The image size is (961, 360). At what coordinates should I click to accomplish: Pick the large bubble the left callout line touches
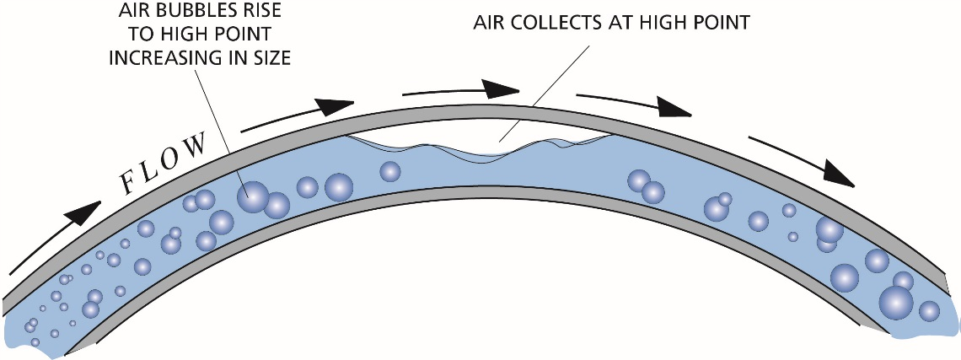(x=251, y=197)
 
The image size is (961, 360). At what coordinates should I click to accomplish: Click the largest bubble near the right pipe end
(x=896, y=302)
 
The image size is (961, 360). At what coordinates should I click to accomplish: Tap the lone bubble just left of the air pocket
(x=389, y=172)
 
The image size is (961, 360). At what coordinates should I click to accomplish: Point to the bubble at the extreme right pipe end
(x=929, y=310)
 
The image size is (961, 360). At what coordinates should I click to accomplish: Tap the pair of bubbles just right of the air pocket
(x=646, y=187)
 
